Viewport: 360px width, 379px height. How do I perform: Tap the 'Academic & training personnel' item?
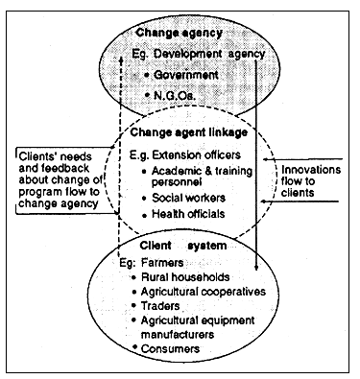214,176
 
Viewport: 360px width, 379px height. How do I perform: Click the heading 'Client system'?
189,246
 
